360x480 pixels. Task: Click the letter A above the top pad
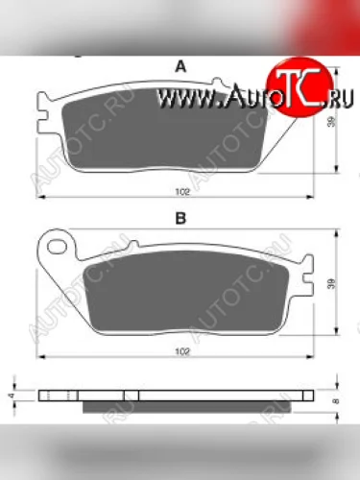tap(179, 66)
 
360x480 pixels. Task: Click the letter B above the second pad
tap(179, 220)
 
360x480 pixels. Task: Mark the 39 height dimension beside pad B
tap(331, 285)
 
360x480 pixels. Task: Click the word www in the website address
tap(181, 97)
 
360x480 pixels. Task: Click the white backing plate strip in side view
tap(182, 395)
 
